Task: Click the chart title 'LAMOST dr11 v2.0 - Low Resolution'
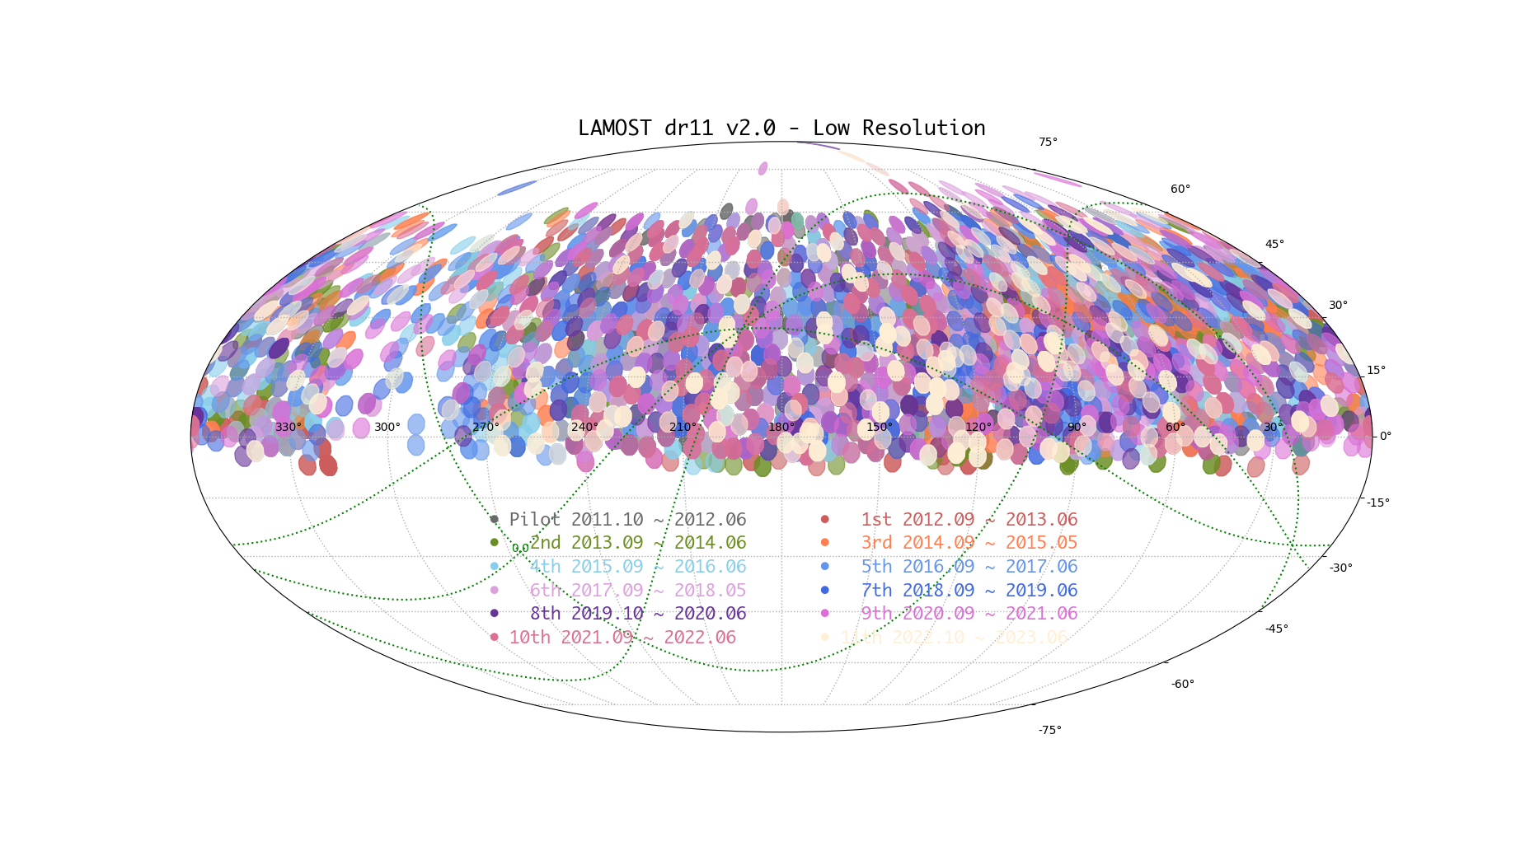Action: coord(781,129)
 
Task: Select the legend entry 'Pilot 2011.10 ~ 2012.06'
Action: coord(627,520)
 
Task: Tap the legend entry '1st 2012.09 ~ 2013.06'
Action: coord(969,520)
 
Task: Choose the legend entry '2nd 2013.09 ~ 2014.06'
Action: coord(637,543)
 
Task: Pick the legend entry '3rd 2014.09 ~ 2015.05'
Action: coord(969,543)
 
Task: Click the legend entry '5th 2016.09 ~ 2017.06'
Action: coord(969,567)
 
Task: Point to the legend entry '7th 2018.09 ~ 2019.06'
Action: coord(969,591)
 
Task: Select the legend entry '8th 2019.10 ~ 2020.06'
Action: coord(637,614)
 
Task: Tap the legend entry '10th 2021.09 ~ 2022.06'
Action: coord(622,638)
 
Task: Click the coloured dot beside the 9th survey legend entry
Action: coord(824,614)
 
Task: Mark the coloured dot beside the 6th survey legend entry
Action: coord(494,591)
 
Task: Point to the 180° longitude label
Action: coord(781,427)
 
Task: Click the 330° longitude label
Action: coord(289,427)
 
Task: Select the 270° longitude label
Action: coord(486,427)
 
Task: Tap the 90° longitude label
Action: coord(1077,427)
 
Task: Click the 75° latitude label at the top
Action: coord(1048,143)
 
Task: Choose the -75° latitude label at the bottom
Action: coord(1049,731)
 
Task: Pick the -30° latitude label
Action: coord(1340,568)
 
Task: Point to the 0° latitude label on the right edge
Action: coord(1385,436)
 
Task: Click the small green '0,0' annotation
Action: coord(520,549)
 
